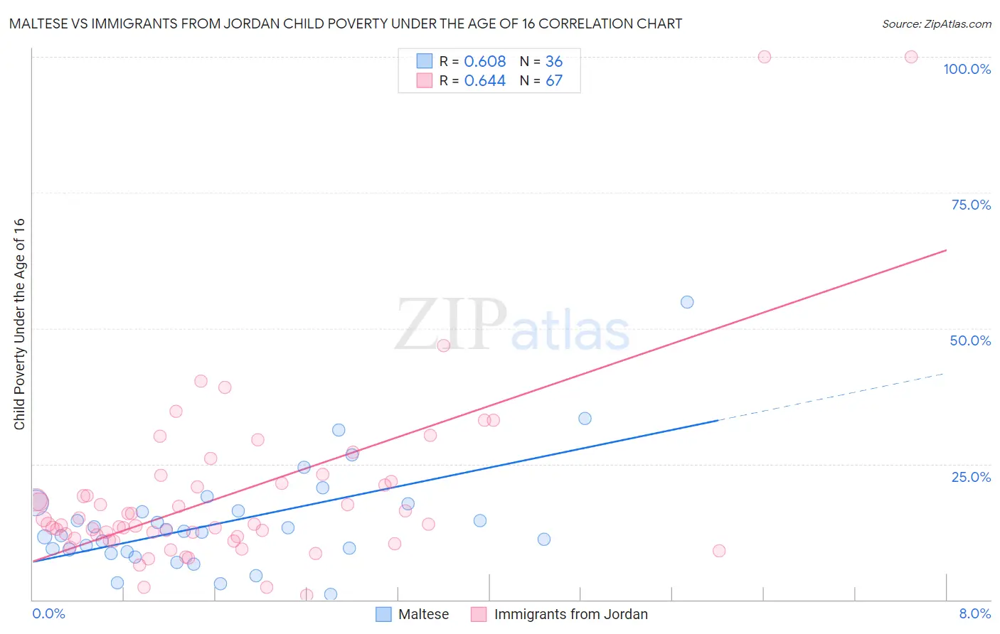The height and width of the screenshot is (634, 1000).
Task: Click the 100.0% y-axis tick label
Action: pos(967,69)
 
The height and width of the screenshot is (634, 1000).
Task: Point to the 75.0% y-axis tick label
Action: pos(971,205)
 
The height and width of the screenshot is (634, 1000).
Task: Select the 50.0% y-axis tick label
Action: pos(970,340)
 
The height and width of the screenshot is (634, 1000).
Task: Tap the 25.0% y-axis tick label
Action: pos(971,477)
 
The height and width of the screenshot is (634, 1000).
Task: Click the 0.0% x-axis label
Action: pos(48,613)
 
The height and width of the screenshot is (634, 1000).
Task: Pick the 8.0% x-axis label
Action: pos(974,613)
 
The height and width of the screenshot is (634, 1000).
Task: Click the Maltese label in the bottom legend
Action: pos(423,614)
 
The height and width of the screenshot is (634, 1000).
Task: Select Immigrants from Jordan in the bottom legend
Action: pos(570,614)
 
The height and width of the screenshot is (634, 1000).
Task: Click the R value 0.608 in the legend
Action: pos(485,62)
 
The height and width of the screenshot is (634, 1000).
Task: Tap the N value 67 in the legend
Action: pos(554,81)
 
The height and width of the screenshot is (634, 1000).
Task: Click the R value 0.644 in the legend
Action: pos(485,81)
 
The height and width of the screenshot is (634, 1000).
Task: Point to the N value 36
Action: pos(554,62)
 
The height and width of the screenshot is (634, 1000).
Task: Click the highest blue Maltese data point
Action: pos(687,302)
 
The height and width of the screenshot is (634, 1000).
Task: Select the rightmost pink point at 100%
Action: pos(911,57)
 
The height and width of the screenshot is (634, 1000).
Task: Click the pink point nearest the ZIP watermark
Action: pos(444,345)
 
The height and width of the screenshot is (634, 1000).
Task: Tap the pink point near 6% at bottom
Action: pos(719,551)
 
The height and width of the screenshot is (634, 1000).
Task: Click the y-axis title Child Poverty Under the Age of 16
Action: pos(19,323)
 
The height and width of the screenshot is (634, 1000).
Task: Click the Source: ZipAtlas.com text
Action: pos(937,24)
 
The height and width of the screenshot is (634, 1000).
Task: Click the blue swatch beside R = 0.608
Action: pos(425,61)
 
